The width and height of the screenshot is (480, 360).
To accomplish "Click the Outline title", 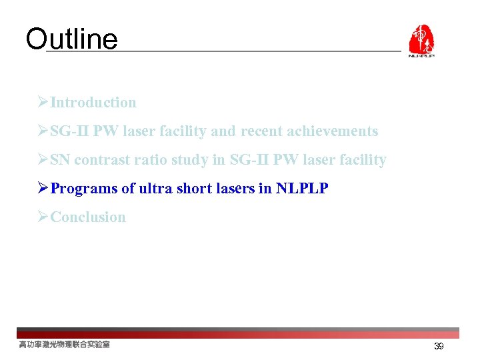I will click(71, 39).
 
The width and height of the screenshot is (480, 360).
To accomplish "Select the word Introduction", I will click(93, 103).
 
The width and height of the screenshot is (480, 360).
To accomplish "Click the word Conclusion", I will click(88, 217).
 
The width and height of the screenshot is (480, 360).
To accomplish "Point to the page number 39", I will click(439, 347).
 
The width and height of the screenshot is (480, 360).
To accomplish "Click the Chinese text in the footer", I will click(64, 345).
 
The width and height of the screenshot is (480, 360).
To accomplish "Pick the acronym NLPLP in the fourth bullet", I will click(302, 189).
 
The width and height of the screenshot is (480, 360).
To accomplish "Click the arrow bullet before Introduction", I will click(43, 103).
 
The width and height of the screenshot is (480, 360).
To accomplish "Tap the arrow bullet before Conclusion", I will click(43, 217).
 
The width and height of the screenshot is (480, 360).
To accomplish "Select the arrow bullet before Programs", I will click(43, 189).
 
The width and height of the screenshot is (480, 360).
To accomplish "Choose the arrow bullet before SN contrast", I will click(43, 160).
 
